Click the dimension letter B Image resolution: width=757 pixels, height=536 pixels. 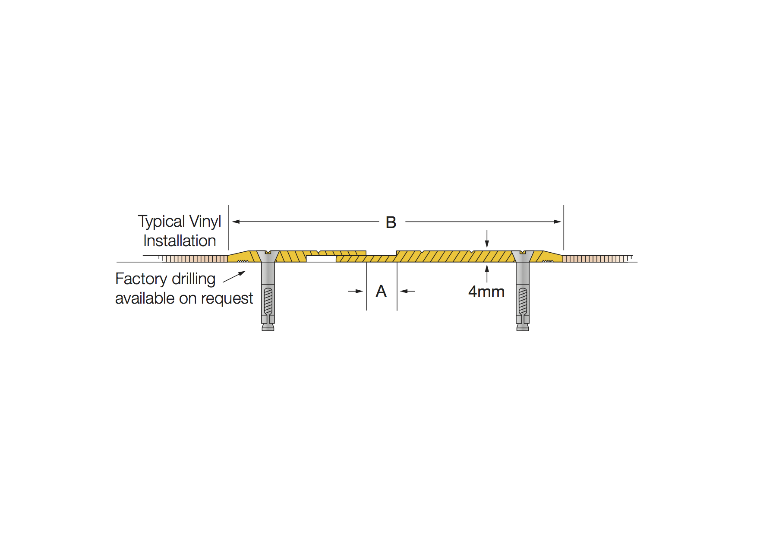coord(391,222)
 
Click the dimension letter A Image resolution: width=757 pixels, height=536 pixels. coord(381,291)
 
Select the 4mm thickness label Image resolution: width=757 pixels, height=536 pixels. coord(486,292)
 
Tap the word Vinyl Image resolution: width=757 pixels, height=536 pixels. coord(205,222)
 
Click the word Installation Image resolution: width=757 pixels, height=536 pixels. coord(180,241)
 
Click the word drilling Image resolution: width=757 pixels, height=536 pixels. coord(193,279)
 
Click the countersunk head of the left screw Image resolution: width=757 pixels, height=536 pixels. coord(268,256)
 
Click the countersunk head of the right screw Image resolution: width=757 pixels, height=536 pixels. coord(523,256)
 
